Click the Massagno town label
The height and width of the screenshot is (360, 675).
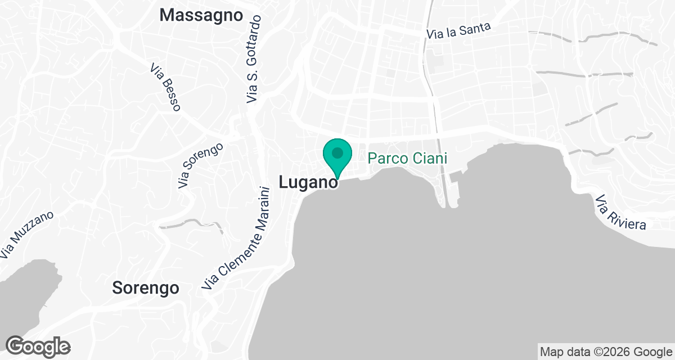[201, 15]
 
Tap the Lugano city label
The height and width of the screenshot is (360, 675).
[308, 182]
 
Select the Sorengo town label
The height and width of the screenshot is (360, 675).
[146, 288]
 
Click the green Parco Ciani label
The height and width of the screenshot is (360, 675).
[407, 159]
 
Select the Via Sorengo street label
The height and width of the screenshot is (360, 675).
[200, 165]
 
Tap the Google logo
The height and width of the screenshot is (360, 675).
[38, 346]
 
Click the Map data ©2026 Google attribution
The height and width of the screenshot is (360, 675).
[605, 352]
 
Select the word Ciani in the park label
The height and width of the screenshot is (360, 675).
[429, 159]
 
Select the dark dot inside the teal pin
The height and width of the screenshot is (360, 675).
[337, 152]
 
